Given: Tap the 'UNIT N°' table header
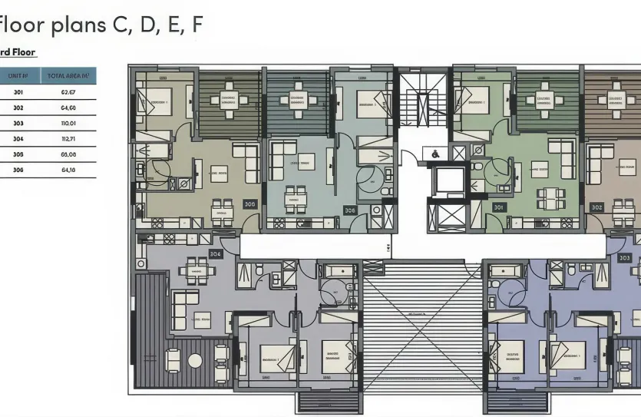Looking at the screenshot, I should tap(18, 75).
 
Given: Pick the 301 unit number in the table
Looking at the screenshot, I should tap(18, 92).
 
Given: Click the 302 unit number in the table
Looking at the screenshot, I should tap(18, 108).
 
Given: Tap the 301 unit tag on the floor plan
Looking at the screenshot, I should tap(499, 207).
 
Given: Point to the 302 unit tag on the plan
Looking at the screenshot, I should tap(596, 207).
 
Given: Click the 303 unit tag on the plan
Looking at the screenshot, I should tap(624, 258).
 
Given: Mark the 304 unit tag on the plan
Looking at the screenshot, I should tap(215, 253).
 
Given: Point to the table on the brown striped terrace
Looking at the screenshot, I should tap(616, 100).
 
